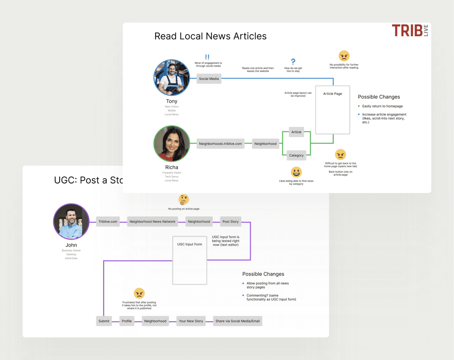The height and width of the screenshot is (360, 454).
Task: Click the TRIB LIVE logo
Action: (410, 31)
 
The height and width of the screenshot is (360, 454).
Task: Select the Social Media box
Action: (209, 79)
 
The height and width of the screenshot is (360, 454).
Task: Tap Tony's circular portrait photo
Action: (172, 78)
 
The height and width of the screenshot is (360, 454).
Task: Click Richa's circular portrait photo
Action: (172, 144)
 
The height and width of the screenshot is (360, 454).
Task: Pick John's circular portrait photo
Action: (71, 222)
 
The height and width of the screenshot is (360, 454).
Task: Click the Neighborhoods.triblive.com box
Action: (220, 144)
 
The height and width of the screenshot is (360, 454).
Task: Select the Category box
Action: (296, 155)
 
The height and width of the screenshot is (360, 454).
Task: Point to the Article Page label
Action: (332, 94)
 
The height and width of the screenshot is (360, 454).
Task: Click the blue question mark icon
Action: (293, 62)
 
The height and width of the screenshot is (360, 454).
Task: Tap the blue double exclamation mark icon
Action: (207, 57)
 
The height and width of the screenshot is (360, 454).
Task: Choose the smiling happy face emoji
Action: (296, 172)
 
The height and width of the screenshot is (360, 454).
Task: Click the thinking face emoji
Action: (184, 200)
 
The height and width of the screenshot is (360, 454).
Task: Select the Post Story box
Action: (231, 222)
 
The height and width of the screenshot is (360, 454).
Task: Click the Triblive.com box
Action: (108, 222)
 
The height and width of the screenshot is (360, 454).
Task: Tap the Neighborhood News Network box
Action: (152, 222)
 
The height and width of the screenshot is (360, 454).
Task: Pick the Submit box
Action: (104, 321)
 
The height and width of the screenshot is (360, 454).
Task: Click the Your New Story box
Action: (191, 321)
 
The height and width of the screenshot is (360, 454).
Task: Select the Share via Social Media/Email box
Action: (238, 321)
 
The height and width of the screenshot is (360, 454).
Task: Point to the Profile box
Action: (127, 321)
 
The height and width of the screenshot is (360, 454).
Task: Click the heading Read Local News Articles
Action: (210, 36)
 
